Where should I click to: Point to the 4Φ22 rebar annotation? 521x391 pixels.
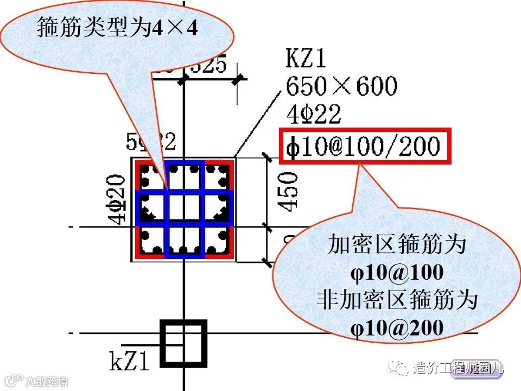coord(314,115)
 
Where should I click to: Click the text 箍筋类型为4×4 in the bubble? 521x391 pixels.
coord(117,28)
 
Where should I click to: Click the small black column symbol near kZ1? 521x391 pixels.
coord(185,343)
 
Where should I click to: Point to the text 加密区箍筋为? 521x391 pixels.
coord(397,245)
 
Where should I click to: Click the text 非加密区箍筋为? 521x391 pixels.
coord(397,300)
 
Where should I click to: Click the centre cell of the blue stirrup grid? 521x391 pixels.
coord(185,207)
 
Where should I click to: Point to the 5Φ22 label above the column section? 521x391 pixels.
coord(151,142)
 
